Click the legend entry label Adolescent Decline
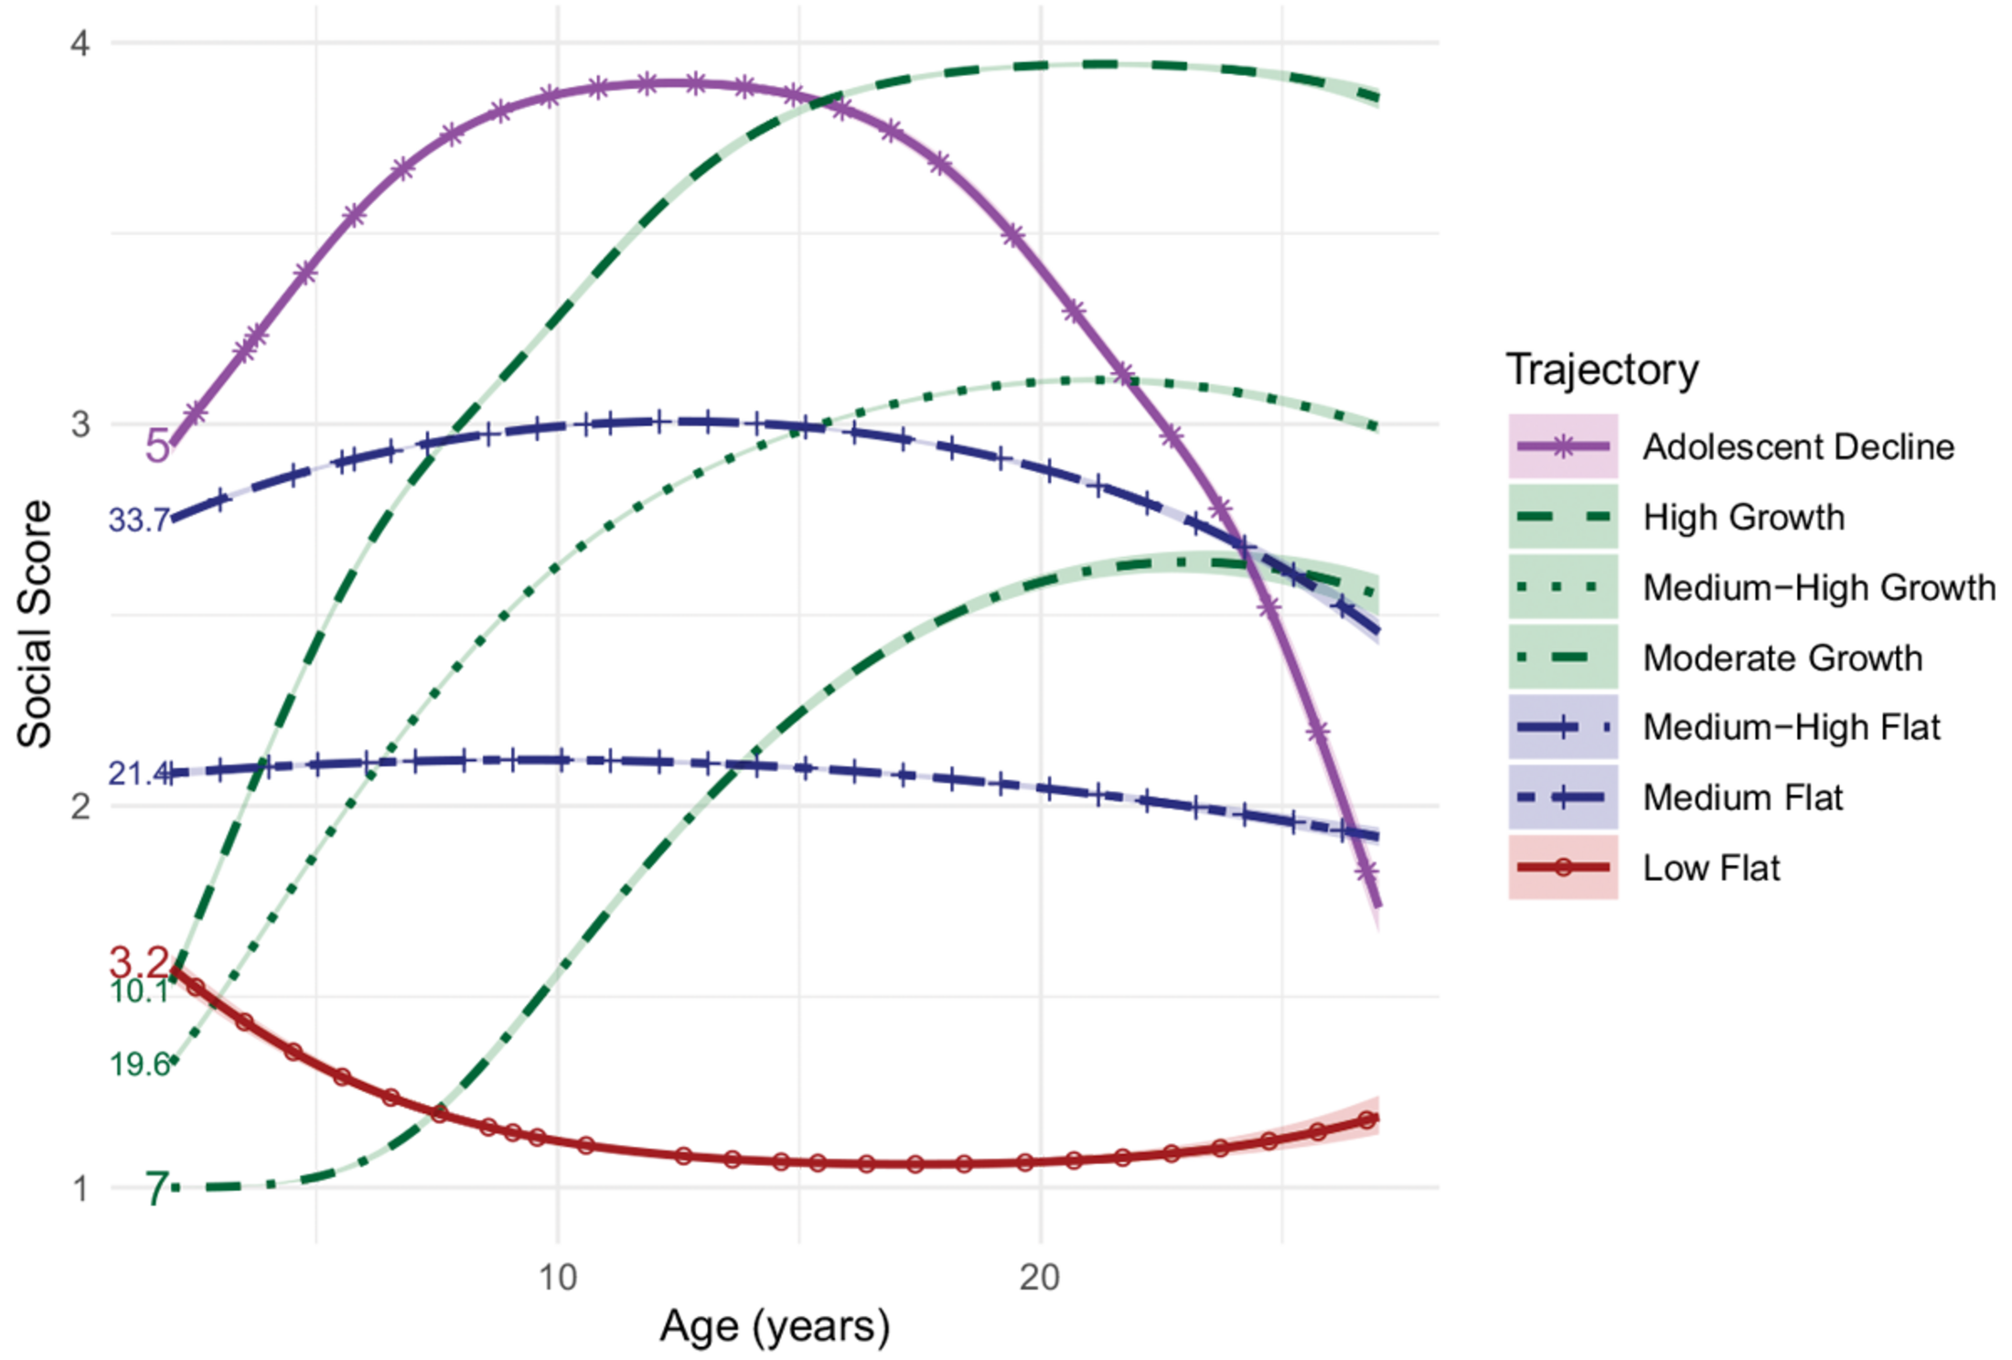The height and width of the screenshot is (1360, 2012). (1797, 446)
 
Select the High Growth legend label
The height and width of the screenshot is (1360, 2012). (1743, 517)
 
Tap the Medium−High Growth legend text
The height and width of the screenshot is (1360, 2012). (1818, 587)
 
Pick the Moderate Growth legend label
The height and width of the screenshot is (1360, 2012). (1782, 658)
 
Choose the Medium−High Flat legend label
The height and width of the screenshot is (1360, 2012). (1791, 727)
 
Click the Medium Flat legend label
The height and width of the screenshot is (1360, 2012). (1742, 798)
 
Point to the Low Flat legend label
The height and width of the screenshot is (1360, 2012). (1711, 867)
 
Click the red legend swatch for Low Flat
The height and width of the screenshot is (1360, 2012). (1562, 867)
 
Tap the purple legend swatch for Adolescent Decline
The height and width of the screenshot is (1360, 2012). (1562, 446)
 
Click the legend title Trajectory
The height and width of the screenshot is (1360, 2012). (1601, 369)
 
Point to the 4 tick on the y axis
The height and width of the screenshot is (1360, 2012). (80, 43)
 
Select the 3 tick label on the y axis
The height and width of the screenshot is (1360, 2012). (80, 424)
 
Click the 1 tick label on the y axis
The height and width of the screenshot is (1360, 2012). (80, 1188)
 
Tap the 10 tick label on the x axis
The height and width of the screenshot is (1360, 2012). (558, 1277)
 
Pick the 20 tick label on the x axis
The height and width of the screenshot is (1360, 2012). (1040, 1277)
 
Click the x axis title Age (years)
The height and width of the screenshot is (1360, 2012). (774, 1326)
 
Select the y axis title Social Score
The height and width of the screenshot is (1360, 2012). (35, 624)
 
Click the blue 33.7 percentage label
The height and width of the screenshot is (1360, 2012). (139, 520)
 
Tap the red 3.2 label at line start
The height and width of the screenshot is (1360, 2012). (139, 962)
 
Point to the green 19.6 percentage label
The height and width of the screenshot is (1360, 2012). (139, 1064)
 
